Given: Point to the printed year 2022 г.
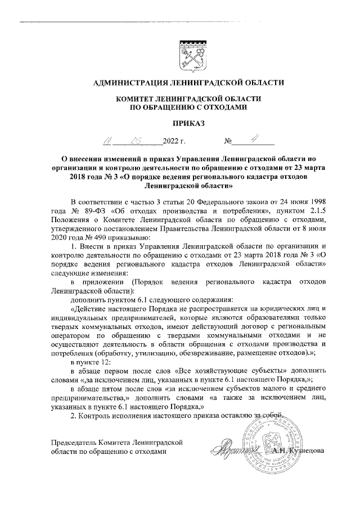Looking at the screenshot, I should [174, 141].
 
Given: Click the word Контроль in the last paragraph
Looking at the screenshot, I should [96, 416].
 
